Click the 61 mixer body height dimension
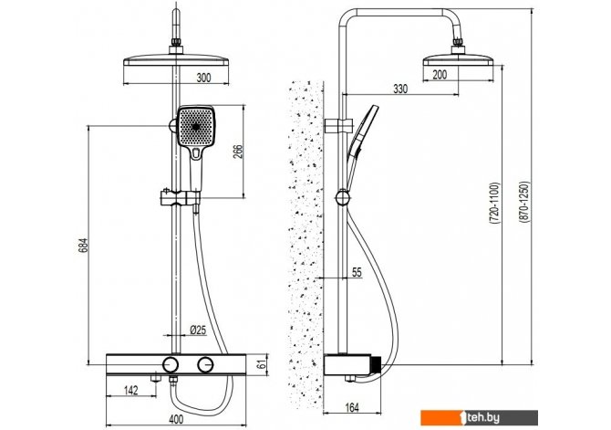coord(261,365)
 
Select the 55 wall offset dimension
coord(356,272)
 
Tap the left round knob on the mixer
coord(171,365)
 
